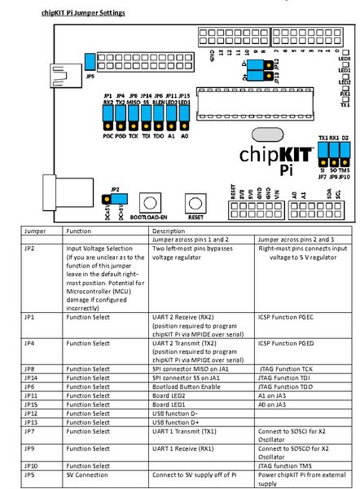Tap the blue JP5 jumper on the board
(90, 62)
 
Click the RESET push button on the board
(194, 203)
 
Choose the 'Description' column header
(169, 231)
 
